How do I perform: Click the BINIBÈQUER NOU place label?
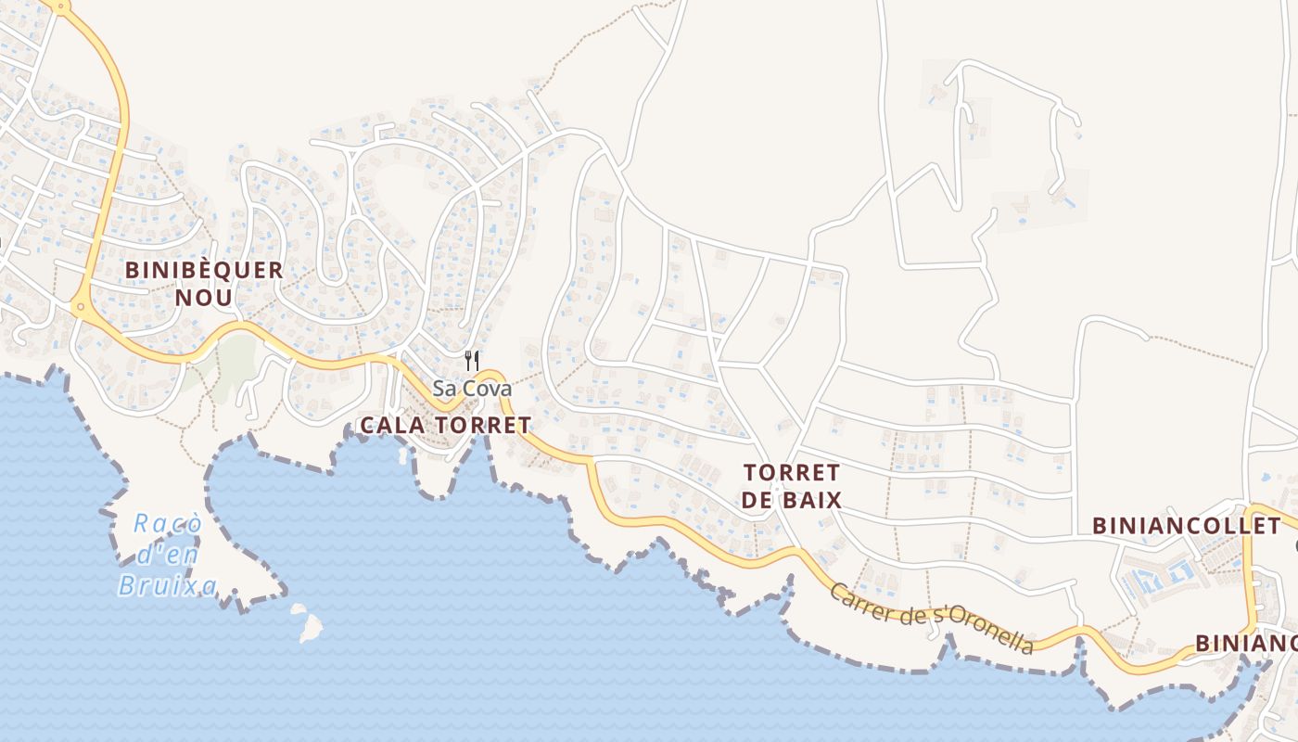204,283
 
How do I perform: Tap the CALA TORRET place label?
445,426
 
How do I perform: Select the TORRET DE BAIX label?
792,486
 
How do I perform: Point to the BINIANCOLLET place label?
1186,526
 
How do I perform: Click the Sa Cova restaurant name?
472,389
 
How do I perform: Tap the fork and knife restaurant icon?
472,360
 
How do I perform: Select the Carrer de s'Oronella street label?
931,619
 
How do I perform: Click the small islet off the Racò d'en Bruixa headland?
307,623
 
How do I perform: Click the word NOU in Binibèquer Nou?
204,297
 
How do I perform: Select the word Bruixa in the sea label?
168,586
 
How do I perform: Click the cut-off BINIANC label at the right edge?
1245,643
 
